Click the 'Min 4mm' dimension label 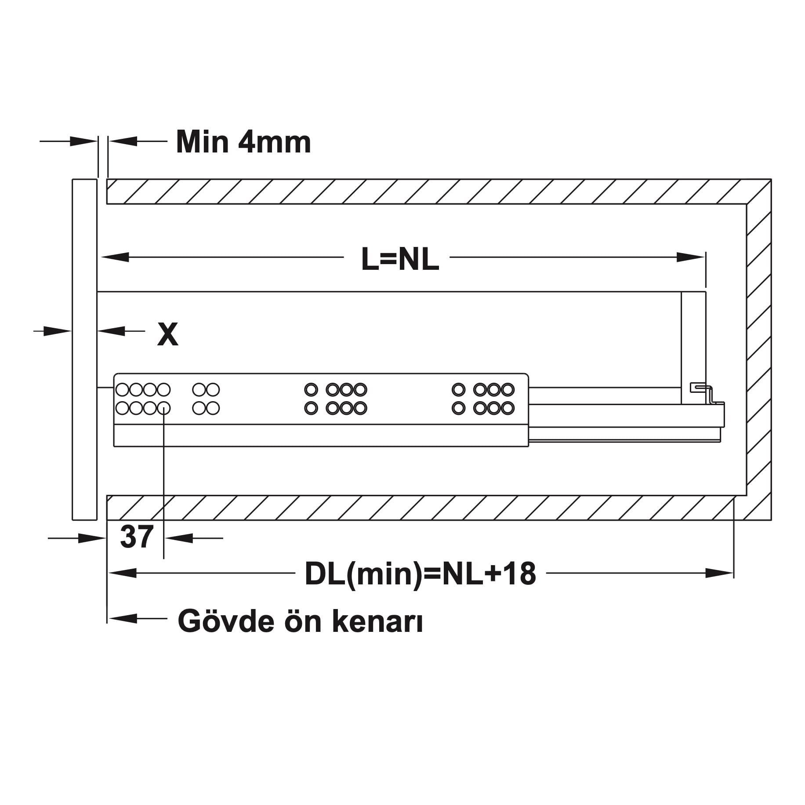[x=243, y=141]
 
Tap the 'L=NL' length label [x=400, y=259]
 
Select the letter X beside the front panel [x=167, y=334]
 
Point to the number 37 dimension [x=136, y=537]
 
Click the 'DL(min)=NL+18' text [x=421, y=574]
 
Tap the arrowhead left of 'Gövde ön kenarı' [x=122, y=618]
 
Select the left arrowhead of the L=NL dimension [x=114, y=257]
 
